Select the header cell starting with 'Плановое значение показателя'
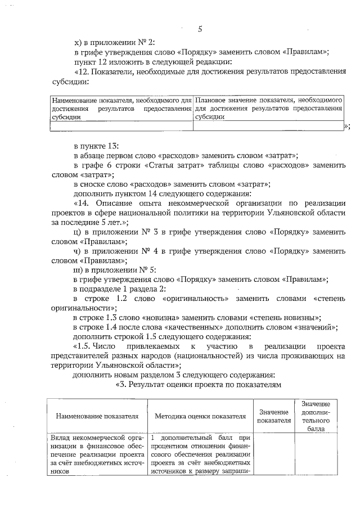coord(268,108)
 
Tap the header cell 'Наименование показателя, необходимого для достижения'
coord(120,108)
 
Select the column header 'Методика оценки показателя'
coord(200,416)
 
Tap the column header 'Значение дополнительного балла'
coord(315,416)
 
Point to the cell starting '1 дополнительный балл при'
coord(200,454)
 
